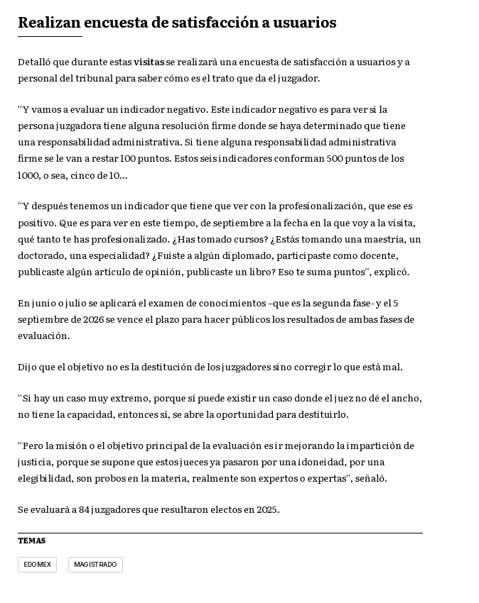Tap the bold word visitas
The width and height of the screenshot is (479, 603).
pos(149,62)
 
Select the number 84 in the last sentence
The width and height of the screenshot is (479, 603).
pos(85,510)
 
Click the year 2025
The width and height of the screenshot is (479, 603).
pos(267,510)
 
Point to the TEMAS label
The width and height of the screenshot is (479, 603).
pos(31,541)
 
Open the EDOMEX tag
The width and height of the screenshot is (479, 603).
pos(37,565)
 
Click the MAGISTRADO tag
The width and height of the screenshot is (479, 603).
pos(95,565)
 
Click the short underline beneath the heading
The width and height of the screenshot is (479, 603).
pos(50,36)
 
